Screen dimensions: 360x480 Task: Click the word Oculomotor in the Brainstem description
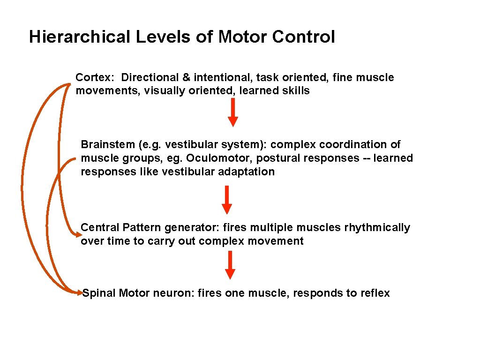pos(216,158)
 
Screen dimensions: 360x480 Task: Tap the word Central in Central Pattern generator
pos(100,228)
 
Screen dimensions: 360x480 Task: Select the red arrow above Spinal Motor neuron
pos(230,265)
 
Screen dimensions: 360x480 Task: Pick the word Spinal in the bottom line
pos(99,293)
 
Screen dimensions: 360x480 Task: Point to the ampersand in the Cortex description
pos(186,77)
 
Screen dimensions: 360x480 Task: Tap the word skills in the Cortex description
pos(296,91)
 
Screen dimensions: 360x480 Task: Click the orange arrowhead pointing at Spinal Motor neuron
pos(79,293)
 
